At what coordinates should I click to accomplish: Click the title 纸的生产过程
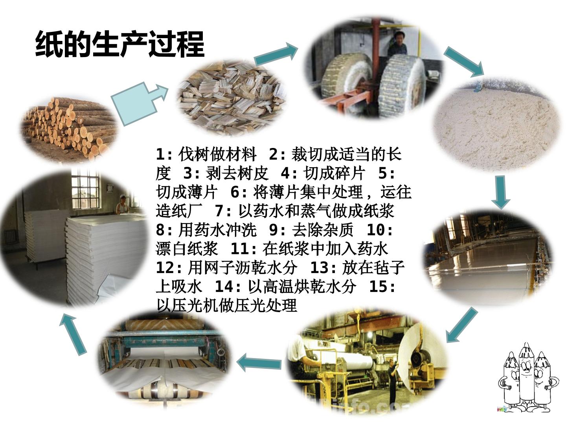(x=120, y=44)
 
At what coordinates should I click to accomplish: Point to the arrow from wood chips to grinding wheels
(x=276, y=55)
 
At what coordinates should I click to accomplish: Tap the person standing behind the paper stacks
(x=122, y=205)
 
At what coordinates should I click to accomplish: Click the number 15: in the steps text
(x=382, y=286)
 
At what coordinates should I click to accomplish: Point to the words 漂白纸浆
(x=186, y=248)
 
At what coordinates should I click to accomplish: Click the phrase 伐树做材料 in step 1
(x=217, y=154)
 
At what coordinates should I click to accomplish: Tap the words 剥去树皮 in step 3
(x=237, y=173)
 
